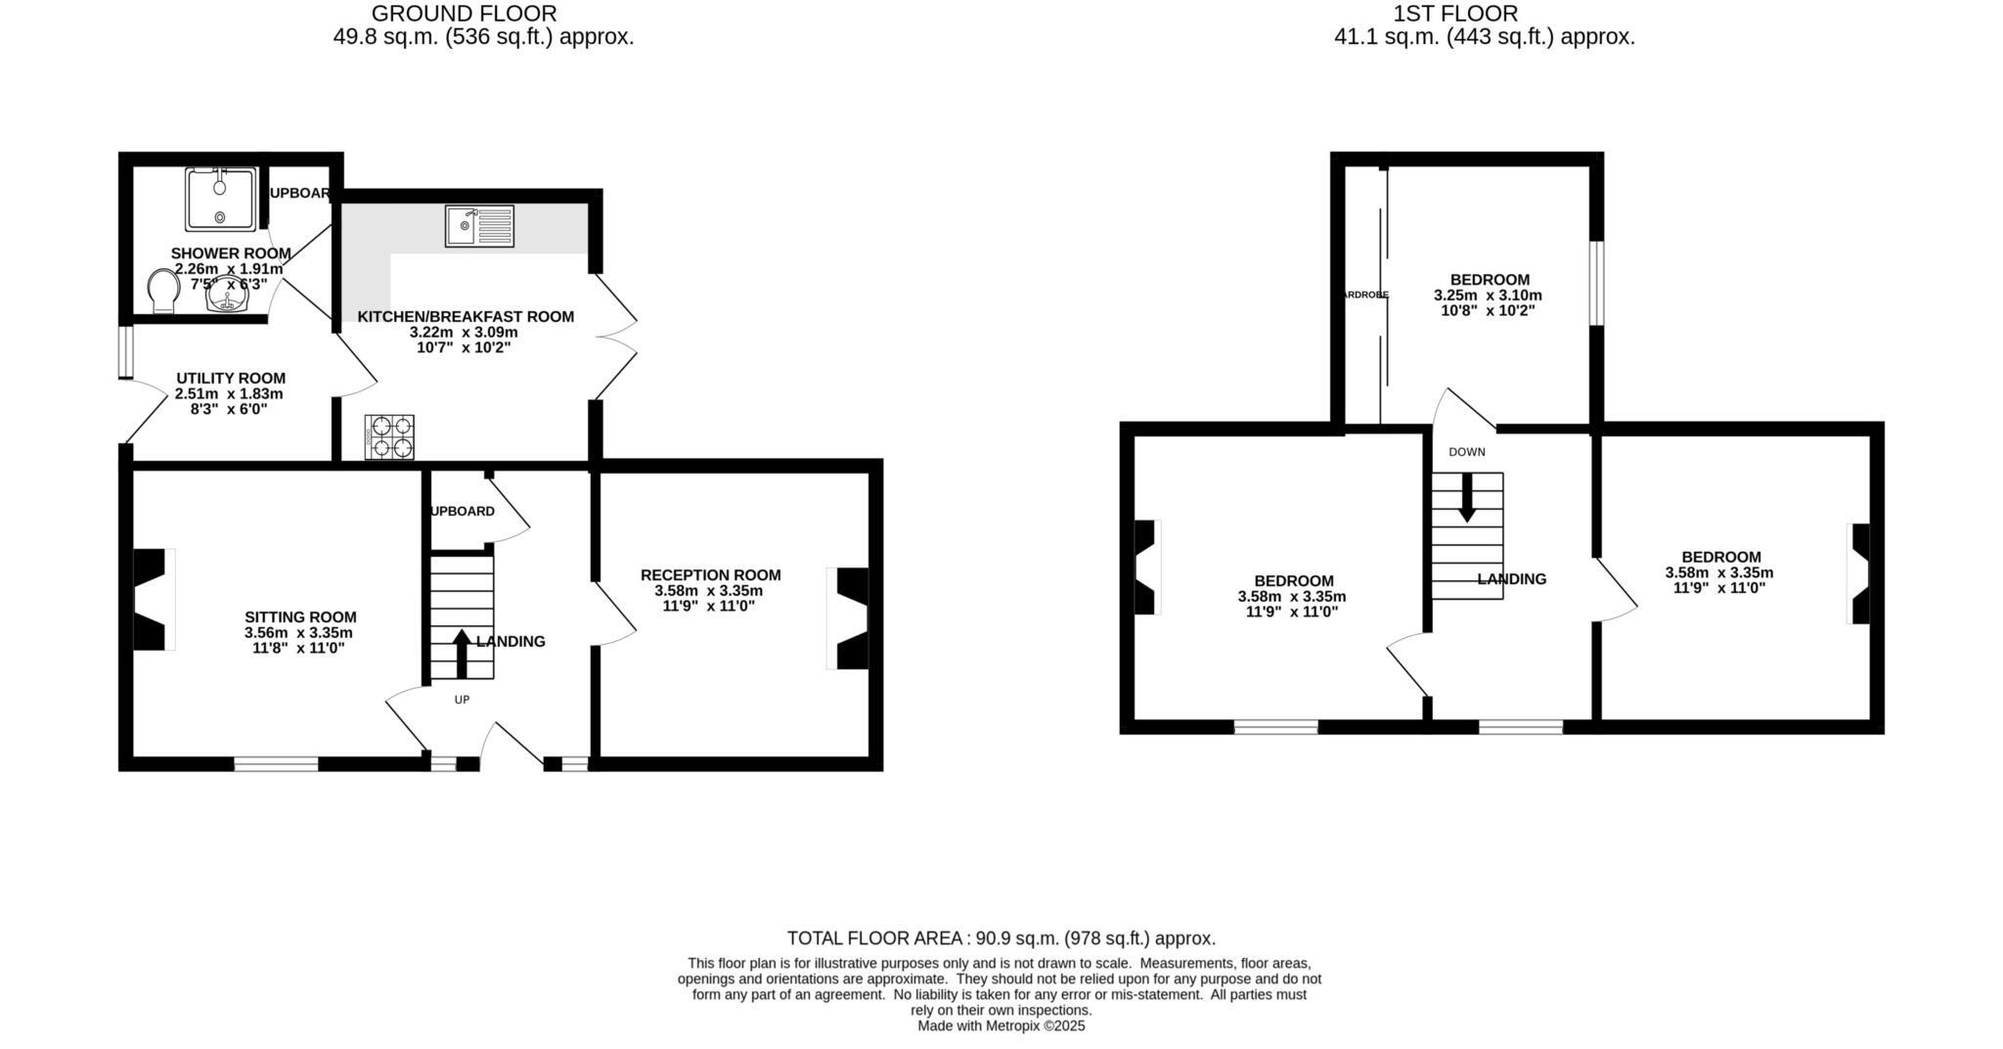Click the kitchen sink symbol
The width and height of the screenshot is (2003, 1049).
point(479,226)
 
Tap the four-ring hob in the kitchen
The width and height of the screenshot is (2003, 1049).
point(389,437)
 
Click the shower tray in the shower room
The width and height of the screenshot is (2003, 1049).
point(221,199)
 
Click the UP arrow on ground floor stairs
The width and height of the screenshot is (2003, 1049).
point(462,653)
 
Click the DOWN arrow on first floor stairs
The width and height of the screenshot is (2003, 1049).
point(1466,497)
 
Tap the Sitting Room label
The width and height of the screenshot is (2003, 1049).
point(300,617)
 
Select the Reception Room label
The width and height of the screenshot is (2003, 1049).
point(710,575)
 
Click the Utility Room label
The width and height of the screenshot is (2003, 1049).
point(231,379)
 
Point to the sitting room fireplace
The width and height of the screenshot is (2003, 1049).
point(152,599)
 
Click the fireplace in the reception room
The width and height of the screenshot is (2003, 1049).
point(850,618)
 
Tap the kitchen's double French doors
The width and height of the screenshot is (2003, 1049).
point(614,337)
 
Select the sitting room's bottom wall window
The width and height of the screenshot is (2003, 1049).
point(276,763)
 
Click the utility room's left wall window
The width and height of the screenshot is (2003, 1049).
point(125,351)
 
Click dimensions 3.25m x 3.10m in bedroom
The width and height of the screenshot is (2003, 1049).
point(1488,296)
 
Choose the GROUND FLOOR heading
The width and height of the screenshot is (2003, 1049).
point(464,14)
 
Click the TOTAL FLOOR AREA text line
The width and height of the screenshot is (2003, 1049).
point(1001,938)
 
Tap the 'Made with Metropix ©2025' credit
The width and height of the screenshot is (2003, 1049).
point(1001,1026)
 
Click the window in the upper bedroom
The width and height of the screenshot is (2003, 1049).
point(1596,283)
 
